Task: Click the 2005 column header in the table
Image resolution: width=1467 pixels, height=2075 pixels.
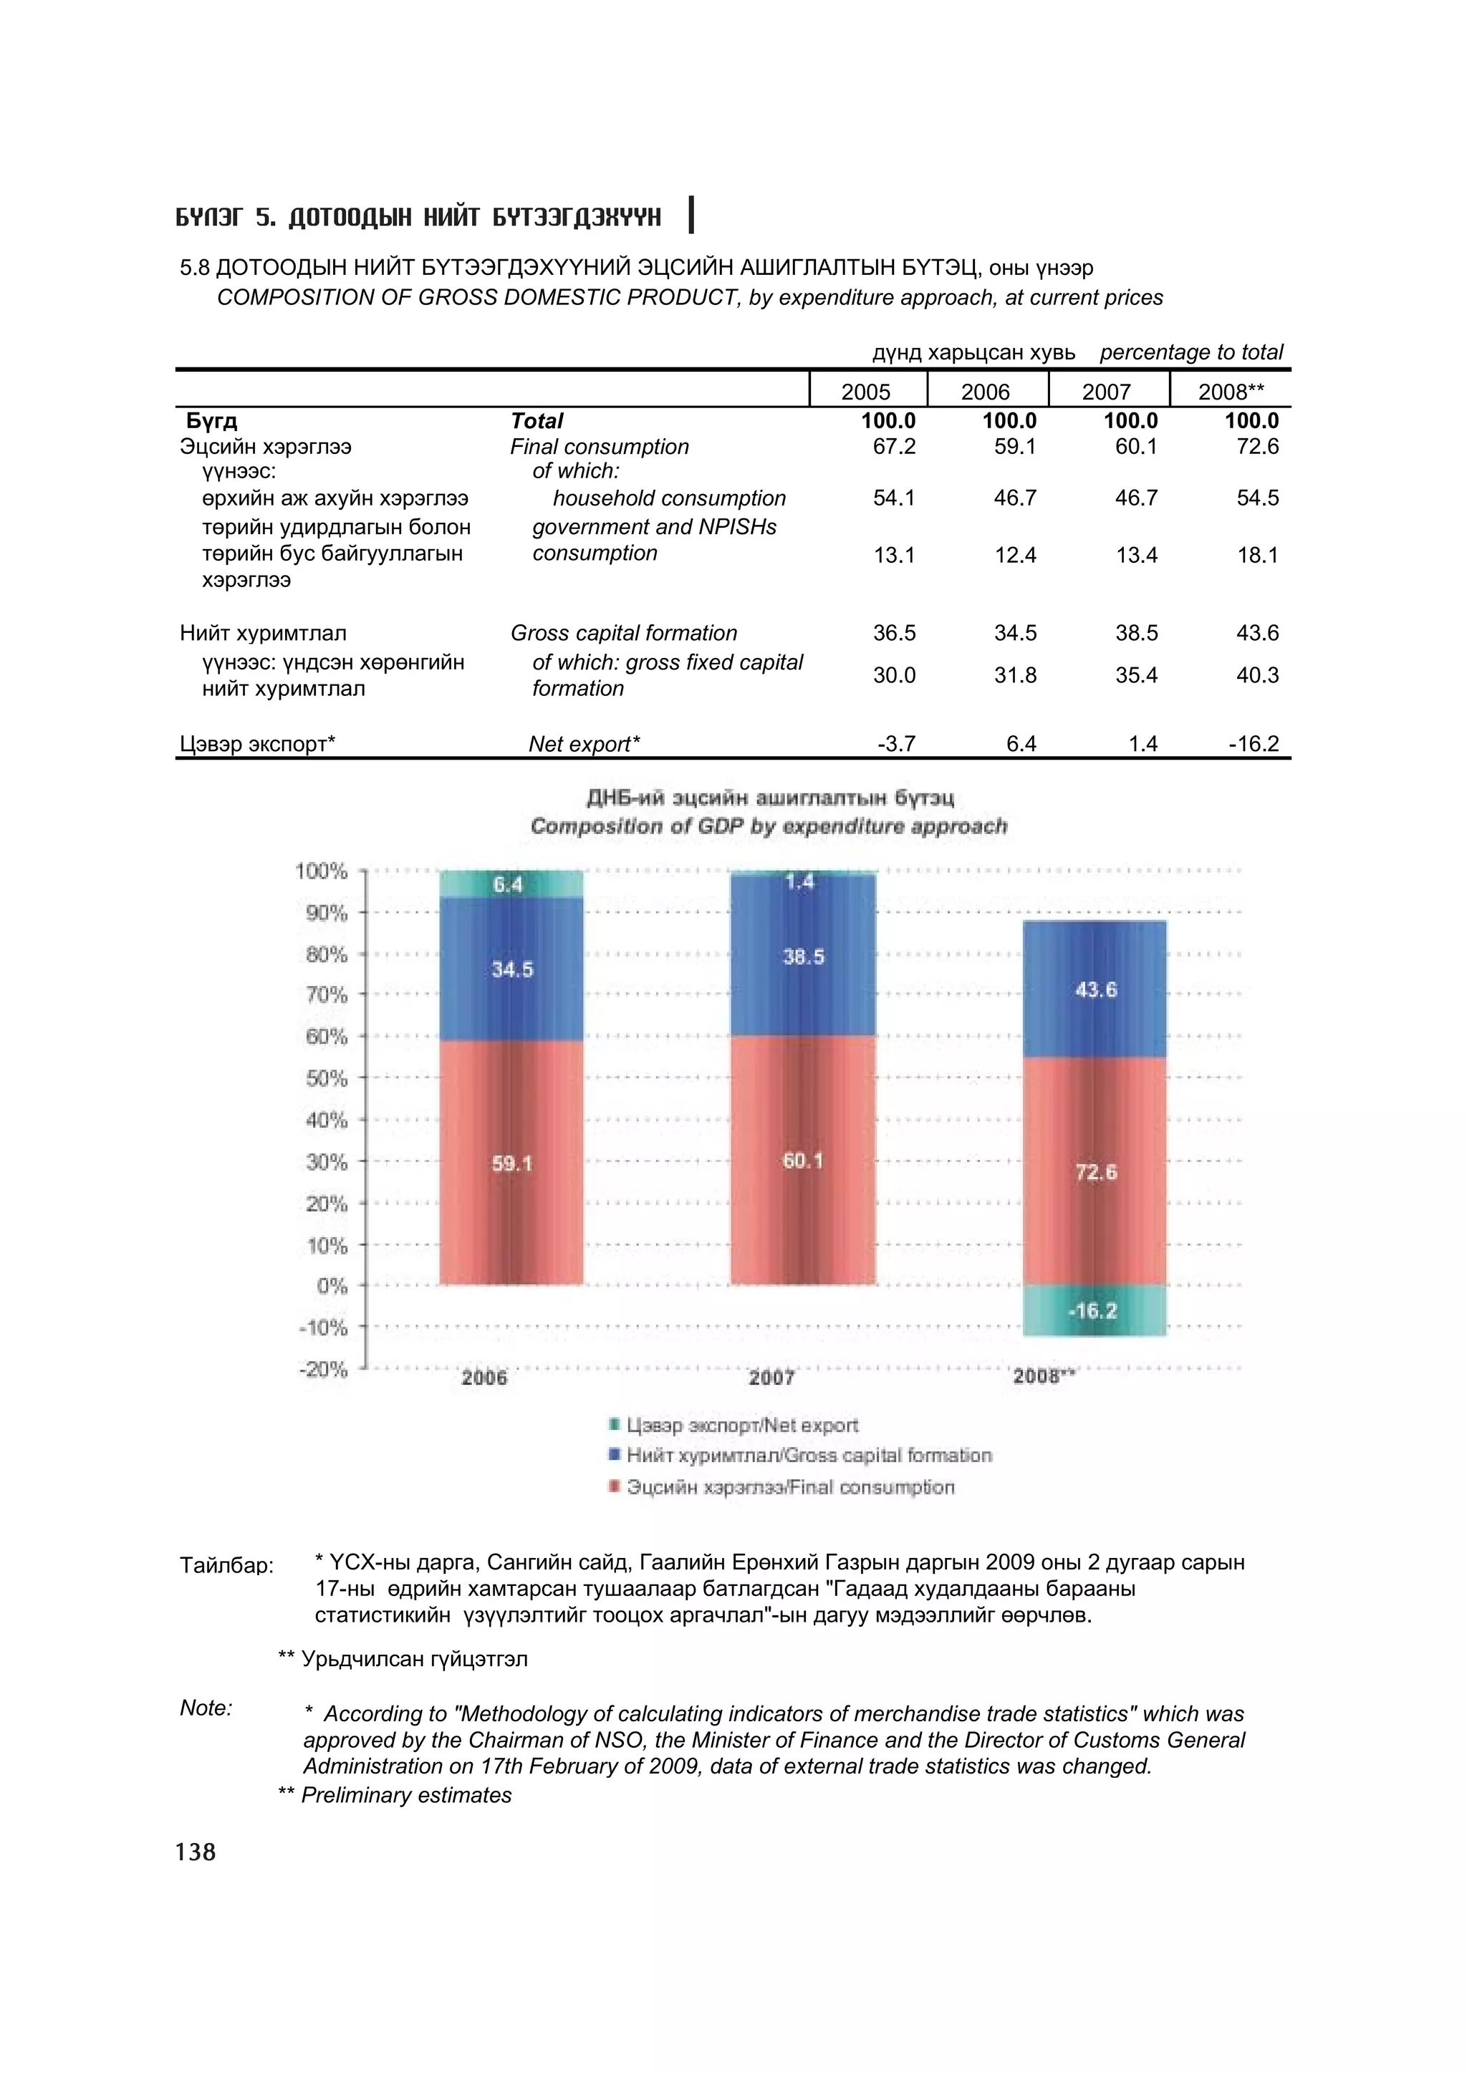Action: click(865, 392)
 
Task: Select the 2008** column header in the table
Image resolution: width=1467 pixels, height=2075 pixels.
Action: click(1230, 392)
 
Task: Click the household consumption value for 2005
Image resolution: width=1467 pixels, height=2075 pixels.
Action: click(894, 498)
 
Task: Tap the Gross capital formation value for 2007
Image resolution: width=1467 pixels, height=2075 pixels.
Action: click(1136, 634)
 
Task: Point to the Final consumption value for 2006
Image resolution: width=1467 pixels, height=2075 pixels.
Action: click(1015, 447)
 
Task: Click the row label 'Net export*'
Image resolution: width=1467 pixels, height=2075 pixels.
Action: click(584, 744)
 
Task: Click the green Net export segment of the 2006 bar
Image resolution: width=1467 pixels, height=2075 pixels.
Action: click(511, 884)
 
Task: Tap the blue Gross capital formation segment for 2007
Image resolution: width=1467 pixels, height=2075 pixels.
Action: click(803, 956)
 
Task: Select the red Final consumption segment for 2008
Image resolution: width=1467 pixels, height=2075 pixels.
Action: click(1095, 1172)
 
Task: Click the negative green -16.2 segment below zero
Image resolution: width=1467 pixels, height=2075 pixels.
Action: click(1095, 1310)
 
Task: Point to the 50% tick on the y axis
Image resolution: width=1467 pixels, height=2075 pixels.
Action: click(327, 1078)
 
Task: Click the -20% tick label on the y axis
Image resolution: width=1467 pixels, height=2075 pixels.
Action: click(324, 1370)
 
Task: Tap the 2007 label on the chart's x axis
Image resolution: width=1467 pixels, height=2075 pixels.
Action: click(771, 1378)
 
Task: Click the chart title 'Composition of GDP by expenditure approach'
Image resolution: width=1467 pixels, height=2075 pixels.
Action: click(769, 826)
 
